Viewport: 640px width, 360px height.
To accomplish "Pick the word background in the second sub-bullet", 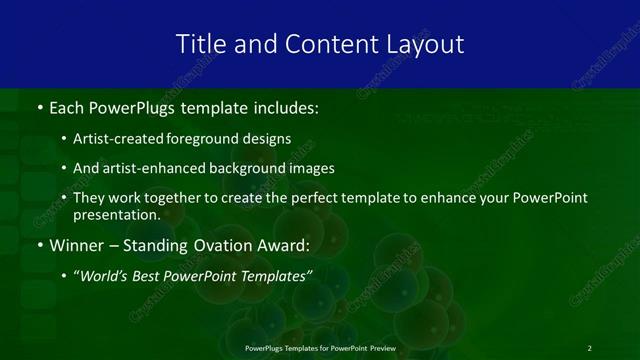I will tap(251, 169).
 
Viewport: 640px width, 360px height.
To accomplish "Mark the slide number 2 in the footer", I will tap(589, 348).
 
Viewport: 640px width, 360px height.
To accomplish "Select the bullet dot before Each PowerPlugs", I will tap(39, 107).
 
